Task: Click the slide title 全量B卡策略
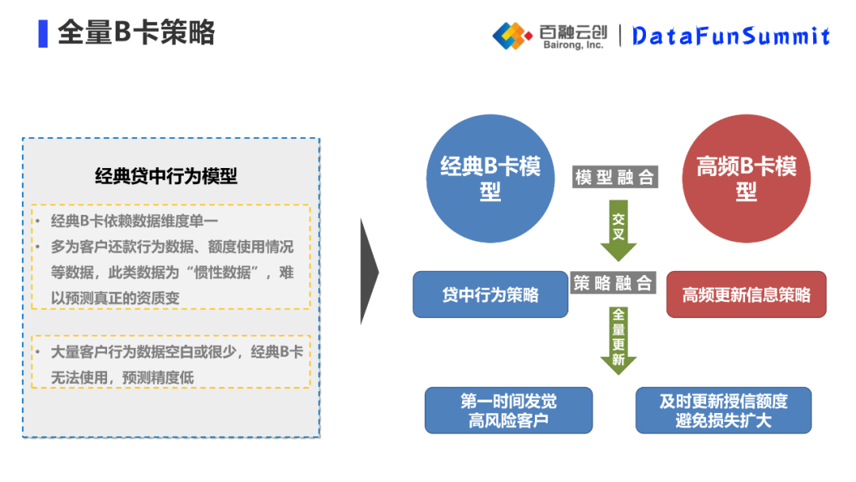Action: tap(136, 33)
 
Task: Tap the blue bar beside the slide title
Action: tap(43, 33)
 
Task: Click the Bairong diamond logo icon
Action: tap(512, 35)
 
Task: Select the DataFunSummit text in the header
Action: tap(731, 36)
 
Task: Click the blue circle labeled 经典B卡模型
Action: tap(491, 178)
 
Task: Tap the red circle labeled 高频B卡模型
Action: tap(747, 178)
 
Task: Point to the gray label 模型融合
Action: tap(615, 177)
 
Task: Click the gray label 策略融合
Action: tap(613, 283)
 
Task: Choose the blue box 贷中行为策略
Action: tap(491, 295)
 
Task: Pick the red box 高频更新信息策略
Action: tap(747, 295)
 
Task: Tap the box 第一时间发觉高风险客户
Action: tap(508, 411)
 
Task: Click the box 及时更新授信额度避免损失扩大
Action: tap(724, 411)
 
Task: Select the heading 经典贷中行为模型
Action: tap(166, 176)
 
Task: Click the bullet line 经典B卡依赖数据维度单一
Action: tap(134, 221)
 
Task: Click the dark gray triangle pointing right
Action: tap(369, 272)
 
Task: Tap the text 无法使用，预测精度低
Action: tap(122, 377)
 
